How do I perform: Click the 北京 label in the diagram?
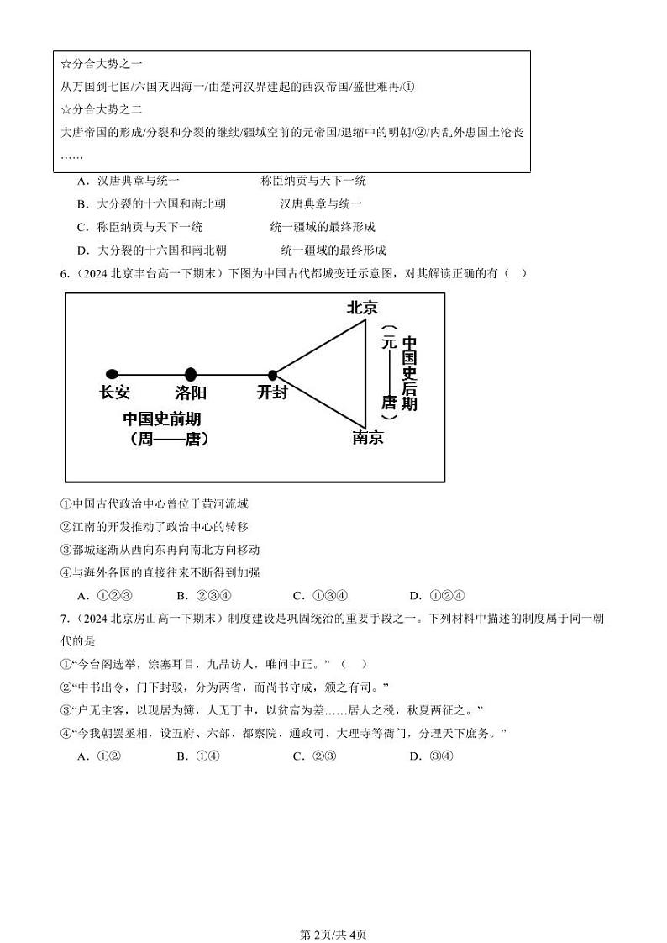pyautogui.click(x=362, y=308)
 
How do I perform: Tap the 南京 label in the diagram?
pyautogui.click(x=368, y=437)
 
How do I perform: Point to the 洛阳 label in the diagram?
pyautogui.click(x=191, y=392)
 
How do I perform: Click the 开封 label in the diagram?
pyautogui.click(x=271, y=392)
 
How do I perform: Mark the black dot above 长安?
pyautogui.click(x=112, y=374)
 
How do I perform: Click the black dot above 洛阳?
pyautogui.click(x=191, y=374)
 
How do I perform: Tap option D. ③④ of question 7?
pyautogui.click(x=431, y=756)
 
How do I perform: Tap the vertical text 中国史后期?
pyautogui.click(x=409, y=373)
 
